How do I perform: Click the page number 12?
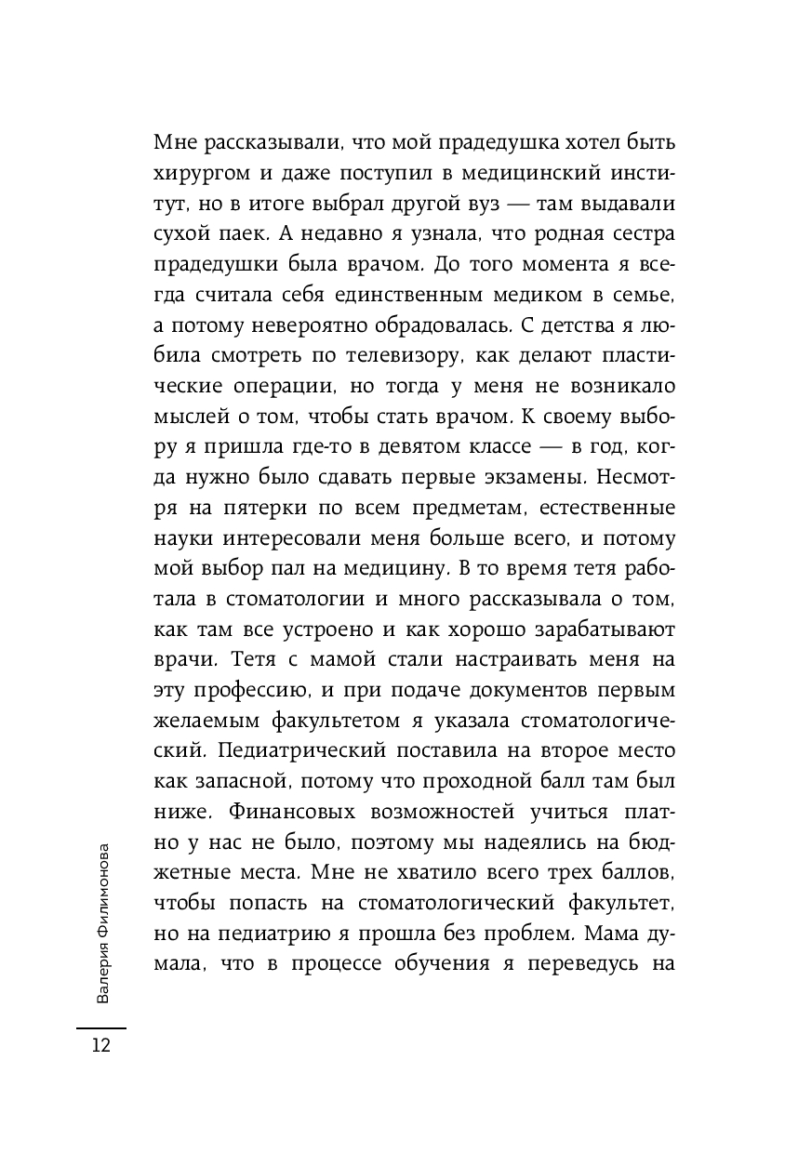coord(100,1045)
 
